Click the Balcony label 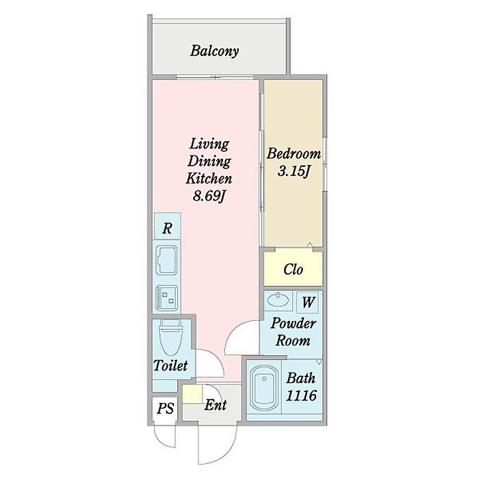pos(214,51)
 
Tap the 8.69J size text pos(209,196)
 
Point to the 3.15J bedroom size pos(294,171)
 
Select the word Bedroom pos(294,153)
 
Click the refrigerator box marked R pos(168,226)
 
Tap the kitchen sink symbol pos(166,259)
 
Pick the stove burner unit pos(166,298)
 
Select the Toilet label pos(170,365)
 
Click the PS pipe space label pos(166,409)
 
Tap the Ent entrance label pos(216,405)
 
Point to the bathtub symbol pos(264,387)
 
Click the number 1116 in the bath pos(301,396)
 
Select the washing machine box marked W pos(308,302)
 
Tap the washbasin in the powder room pos(278,299)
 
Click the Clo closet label pos(294,270)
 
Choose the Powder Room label pos(293,332)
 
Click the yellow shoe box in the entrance pos(192,393)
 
